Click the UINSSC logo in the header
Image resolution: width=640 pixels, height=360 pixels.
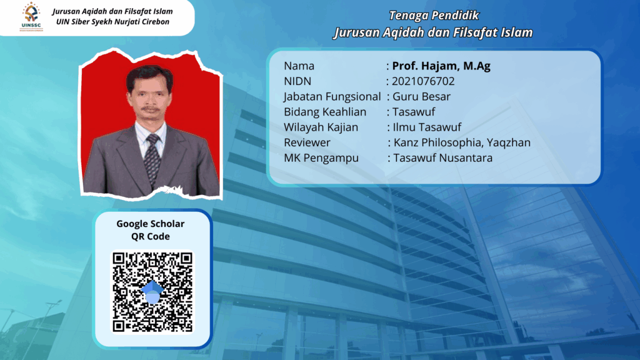click(31, 17)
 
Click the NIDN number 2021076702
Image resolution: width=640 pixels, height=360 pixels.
click(423, 81)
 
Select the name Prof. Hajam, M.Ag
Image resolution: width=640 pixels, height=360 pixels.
click(441, 66)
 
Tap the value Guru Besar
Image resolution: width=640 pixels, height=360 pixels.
click(422, 97)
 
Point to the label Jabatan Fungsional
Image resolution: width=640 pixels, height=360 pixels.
click(332, 97)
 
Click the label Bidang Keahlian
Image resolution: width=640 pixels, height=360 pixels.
click(325, 112)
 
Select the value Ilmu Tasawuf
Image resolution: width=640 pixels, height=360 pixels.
click(427, 127)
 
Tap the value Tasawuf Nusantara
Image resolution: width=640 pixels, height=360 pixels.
click(443, 158)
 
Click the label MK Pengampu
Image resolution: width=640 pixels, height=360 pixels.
click(321, 158)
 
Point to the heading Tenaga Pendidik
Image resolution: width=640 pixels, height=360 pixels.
click(434, 16)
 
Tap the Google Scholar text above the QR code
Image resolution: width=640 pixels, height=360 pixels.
click(151, 224)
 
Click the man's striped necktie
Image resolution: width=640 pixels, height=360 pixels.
click(152, 160)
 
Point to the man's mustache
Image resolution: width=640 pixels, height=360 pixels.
click(150, 109)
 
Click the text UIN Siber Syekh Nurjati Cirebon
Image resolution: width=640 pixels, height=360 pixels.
click(113, 22)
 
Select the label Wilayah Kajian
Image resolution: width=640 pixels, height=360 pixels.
click(321, 127)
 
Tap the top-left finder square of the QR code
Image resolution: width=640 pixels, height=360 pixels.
click(119, 258)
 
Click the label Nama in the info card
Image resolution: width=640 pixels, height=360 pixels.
click(299, 66)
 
